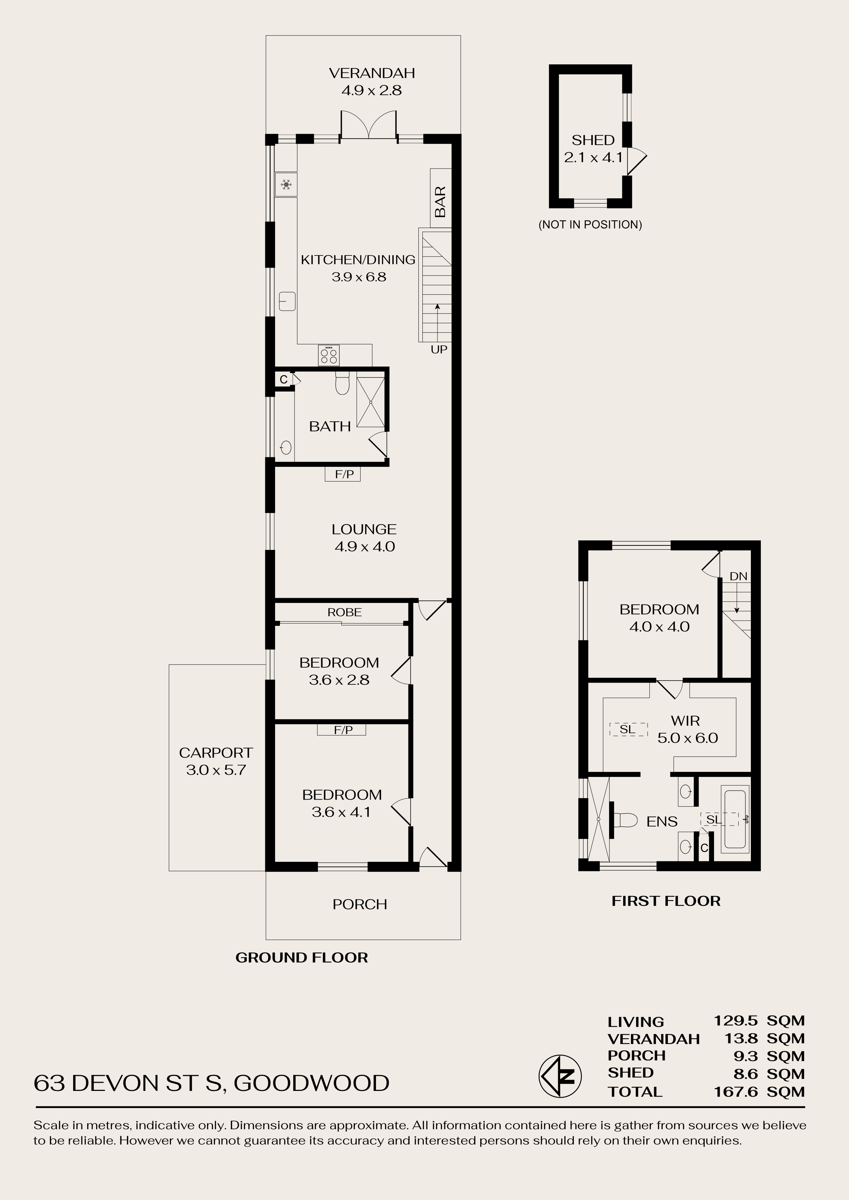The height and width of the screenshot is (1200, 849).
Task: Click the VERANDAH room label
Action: tap(372, 73)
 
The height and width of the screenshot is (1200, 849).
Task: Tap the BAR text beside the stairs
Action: tap(441, 201)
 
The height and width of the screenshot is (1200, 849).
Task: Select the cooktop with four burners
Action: tap(329, 356)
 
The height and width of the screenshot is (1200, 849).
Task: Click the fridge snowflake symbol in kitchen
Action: tap(286, 184)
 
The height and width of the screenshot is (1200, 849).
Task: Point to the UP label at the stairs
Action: tap(439, 350)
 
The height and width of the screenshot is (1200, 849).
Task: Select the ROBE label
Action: tap(345, 612)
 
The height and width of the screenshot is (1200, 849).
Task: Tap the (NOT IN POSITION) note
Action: tap(590, 224)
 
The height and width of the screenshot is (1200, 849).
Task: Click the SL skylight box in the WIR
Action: tap(628, 729)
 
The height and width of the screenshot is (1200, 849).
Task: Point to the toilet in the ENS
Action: tap(624, 820)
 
